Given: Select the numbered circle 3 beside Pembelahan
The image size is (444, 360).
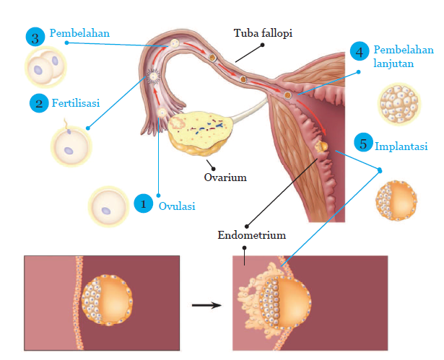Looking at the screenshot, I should pos(35,37).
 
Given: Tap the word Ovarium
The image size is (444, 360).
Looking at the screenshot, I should pos(225,177).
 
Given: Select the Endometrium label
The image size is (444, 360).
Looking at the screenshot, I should pos(251,235).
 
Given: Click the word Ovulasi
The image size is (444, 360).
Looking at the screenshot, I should pos(177,205).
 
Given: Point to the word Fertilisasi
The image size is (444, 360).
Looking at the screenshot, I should pos(76,103).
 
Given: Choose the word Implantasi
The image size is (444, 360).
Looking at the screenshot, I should pos(401,146).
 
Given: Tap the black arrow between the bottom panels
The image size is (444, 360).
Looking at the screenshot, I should pos(206,304).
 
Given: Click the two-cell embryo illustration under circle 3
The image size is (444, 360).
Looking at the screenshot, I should pos(44,68).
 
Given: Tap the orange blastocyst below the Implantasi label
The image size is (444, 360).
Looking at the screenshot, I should pos(396,199).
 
